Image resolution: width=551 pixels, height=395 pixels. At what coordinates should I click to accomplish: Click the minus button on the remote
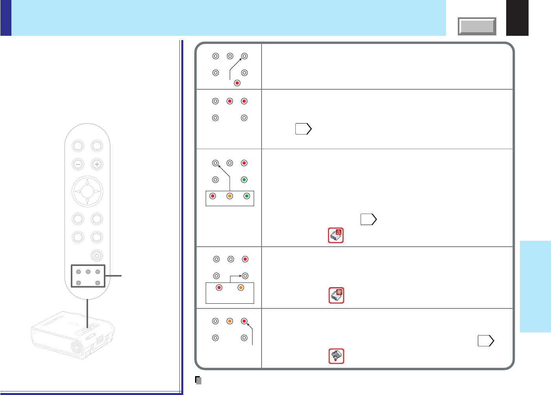click(78, 164)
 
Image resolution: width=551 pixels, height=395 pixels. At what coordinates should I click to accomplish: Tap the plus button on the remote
click(97, 164)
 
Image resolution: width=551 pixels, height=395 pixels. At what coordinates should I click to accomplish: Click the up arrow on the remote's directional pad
click(87, 182)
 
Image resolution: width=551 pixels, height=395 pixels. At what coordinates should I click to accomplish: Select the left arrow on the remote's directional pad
click(77, 192)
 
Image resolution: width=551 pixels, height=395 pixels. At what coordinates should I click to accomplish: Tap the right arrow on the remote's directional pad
click(98, 192)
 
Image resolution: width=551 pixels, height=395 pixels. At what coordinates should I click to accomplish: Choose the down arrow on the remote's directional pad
click(87, 201)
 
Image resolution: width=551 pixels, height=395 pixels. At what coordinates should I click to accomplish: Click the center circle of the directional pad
click(87, 192)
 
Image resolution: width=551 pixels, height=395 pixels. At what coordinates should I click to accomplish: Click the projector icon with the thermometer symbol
click(336, 235)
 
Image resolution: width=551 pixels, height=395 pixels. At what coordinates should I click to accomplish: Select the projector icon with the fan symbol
click(336, 295)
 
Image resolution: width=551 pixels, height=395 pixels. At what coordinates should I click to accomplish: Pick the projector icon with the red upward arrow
click(336, 356)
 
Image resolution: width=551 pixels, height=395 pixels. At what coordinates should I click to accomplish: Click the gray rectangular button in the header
click(477, 26)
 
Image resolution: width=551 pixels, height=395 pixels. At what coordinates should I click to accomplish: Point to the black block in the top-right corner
click(517, 18)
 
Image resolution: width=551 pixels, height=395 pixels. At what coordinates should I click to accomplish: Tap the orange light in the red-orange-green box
click(230, 196)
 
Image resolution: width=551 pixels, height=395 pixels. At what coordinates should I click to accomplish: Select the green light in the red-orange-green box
click(247, 196)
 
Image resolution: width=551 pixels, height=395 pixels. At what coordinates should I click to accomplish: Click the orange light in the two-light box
click(241, 288)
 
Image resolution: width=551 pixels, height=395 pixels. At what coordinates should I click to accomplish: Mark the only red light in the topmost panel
click(237, 83)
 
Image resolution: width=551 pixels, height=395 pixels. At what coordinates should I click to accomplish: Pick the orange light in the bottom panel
click(230, 321)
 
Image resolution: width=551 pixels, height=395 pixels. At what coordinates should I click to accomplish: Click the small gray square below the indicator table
click(199, 380)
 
